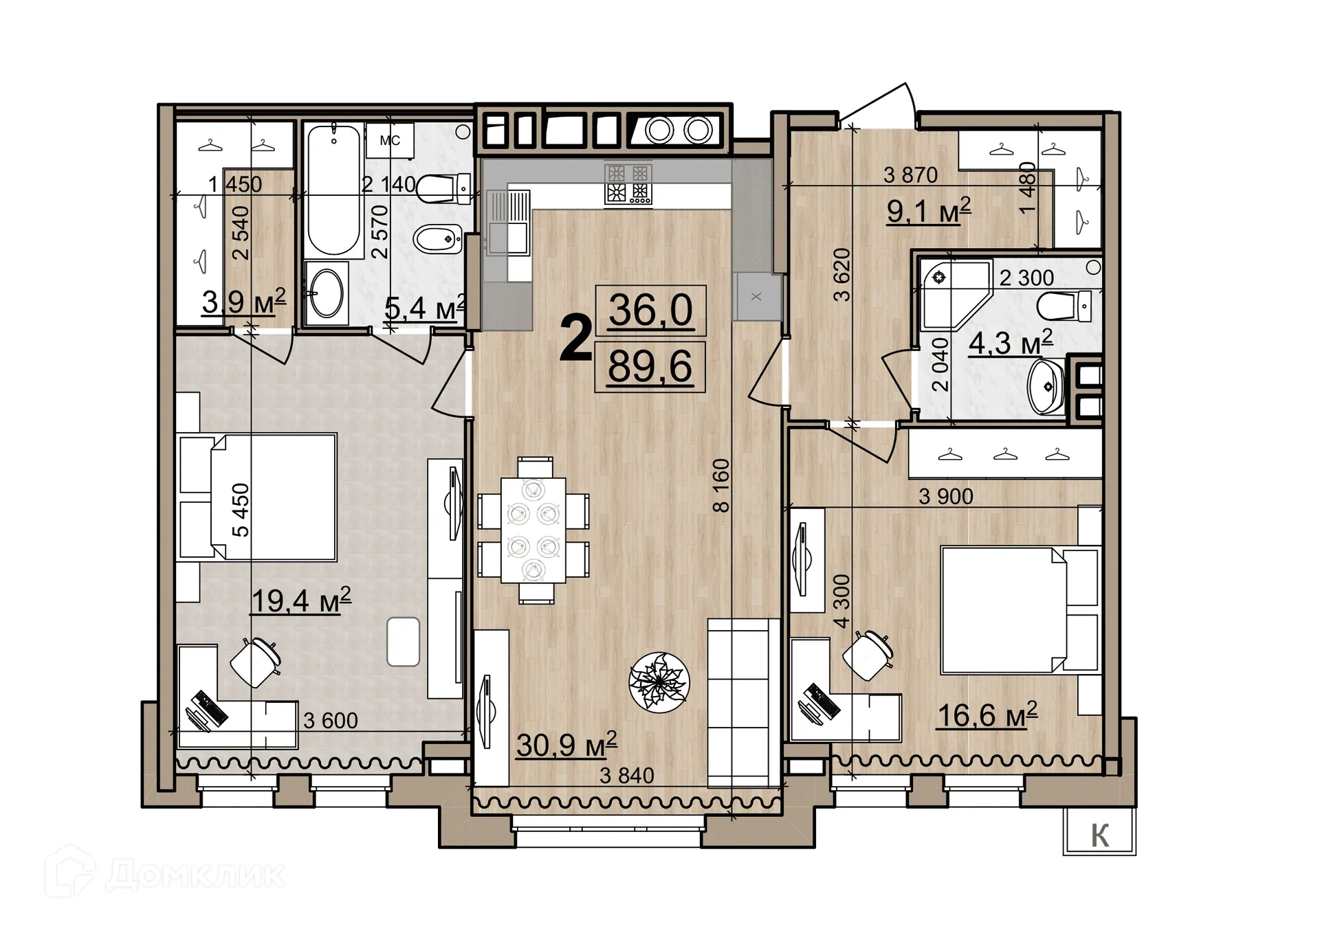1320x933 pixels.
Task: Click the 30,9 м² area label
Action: (566, 745)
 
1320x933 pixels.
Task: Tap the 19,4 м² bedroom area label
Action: (301, 600)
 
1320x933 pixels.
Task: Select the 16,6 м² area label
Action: (987, 715)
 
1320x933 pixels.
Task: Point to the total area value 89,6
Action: (650, 366)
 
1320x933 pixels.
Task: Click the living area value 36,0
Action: (650, 310)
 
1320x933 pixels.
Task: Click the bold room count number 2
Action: (575, 337)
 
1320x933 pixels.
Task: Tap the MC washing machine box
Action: (390, 141)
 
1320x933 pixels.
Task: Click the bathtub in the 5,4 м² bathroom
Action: (333, 191)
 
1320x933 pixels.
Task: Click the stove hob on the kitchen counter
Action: (628, 184)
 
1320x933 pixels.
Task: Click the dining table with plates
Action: (533, 530)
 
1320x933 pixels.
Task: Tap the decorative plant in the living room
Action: (659, 682)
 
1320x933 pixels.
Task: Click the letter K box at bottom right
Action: (1099, 835)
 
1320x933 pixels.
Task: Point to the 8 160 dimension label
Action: (720, 485)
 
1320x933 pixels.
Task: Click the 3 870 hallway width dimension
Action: (910, 175)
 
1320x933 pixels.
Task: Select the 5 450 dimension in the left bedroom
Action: (241, 510)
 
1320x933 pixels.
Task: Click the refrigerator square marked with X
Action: (756, 297)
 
